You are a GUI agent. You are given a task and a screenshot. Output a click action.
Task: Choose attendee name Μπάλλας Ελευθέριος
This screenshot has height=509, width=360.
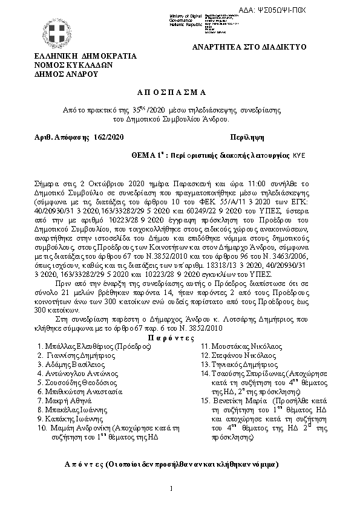(x=80, y=347)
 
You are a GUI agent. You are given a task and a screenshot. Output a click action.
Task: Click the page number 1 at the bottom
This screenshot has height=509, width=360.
(x=172, y=488)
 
